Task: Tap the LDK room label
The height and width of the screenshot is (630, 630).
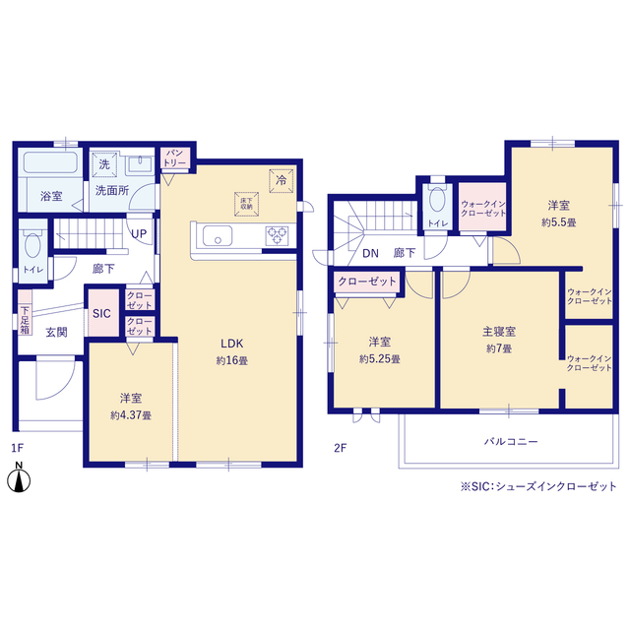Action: tap(232, 344)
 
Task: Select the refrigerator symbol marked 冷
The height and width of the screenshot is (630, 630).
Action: tap(281, 180)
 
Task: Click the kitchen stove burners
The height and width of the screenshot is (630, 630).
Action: tap(277, 235)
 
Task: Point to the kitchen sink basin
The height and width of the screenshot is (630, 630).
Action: tap(217, 236)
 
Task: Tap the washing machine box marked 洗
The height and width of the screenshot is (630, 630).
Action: tap(103, 163)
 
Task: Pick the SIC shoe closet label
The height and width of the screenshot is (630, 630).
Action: tap(101, 315)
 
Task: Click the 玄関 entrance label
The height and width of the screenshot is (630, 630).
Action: tap(56, 333)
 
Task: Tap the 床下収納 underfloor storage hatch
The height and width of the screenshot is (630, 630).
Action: tap(246, 202)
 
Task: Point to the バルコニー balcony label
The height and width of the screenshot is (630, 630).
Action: tap(511, 442)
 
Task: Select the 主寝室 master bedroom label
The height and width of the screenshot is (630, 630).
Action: tap(500, 333)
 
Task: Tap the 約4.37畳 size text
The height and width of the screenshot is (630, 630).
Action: tap(131, 415)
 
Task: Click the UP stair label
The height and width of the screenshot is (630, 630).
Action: tap(140, 234)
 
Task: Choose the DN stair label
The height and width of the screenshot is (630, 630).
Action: tap(369, 253)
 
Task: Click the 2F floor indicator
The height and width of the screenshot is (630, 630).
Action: tap(340, 448)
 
